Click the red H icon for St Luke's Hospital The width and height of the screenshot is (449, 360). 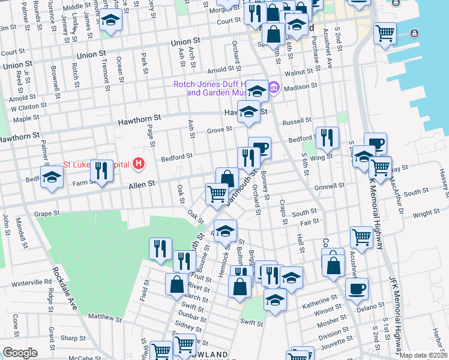coord(139,163)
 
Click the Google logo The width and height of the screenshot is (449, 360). coord(20,353)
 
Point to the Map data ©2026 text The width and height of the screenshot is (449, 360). coord(424,355)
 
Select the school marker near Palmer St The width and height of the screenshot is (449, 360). coord(52,177)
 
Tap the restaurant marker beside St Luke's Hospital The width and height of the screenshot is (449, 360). coord(101,171)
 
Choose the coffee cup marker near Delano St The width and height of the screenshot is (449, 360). coord(357,288)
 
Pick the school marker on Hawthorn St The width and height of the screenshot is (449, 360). coord(249,111)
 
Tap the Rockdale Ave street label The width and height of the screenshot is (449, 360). coord(65,289)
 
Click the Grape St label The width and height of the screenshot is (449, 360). coord(48,213)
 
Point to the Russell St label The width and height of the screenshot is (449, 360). coord(297,121)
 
